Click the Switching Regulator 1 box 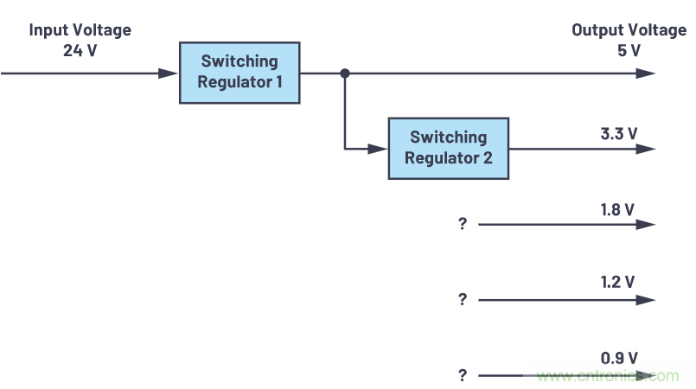(239, 73)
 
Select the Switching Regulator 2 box (448, 148)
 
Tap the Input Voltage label (80, 30)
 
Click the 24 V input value (80, 50)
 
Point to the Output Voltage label (629, 30)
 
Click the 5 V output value (629, 50)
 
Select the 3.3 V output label (618, 133)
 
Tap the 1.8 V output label (618, 209)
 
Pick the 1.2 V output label (618, 282)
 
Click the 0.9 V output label (619, 357)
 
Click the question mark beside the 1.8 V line (463, 225)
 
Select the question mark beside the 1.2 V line (463, 300)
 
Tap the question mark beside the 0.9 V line (463, 375)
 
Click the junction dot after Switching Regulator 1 (344, 73)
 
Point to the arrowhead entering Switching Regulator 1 (169, 73)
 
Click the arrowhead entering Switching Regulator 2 (379, 149)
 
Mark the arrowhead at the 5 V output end (646, 73)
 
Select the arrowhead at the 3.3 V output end (646, 149)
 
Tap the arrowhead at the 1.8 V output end (646, 225)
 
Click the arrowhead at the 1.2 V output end (646, 300)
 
